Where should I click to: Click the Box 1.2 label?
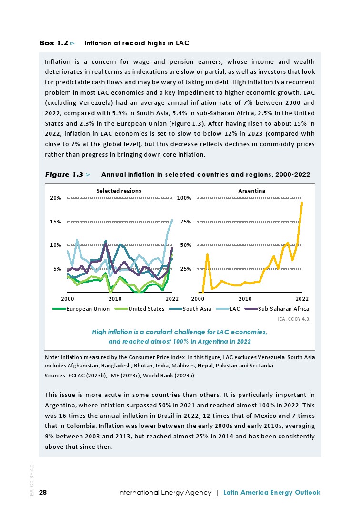(54, 43)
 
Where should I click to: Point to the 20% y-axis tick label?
(55, 198)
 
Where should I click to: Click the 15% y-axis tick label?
(55, 222)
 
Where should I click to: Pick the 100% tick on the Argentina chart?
(184, 198)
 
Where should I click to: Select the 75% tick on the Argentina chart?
(186, 222)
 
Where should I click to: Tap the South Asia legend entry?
(197, 309)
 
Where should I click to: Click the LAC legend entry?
(234, 309)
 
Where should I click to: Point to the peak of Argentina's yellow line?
(302, 203)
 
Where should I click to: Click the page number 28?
(43, 493)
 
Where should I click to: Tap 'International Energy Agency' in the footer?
(164, 493)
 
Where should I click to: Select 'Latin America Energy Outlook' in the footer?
(271, 493)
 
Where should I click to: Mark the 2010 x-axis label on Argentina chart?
(245, 299)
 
